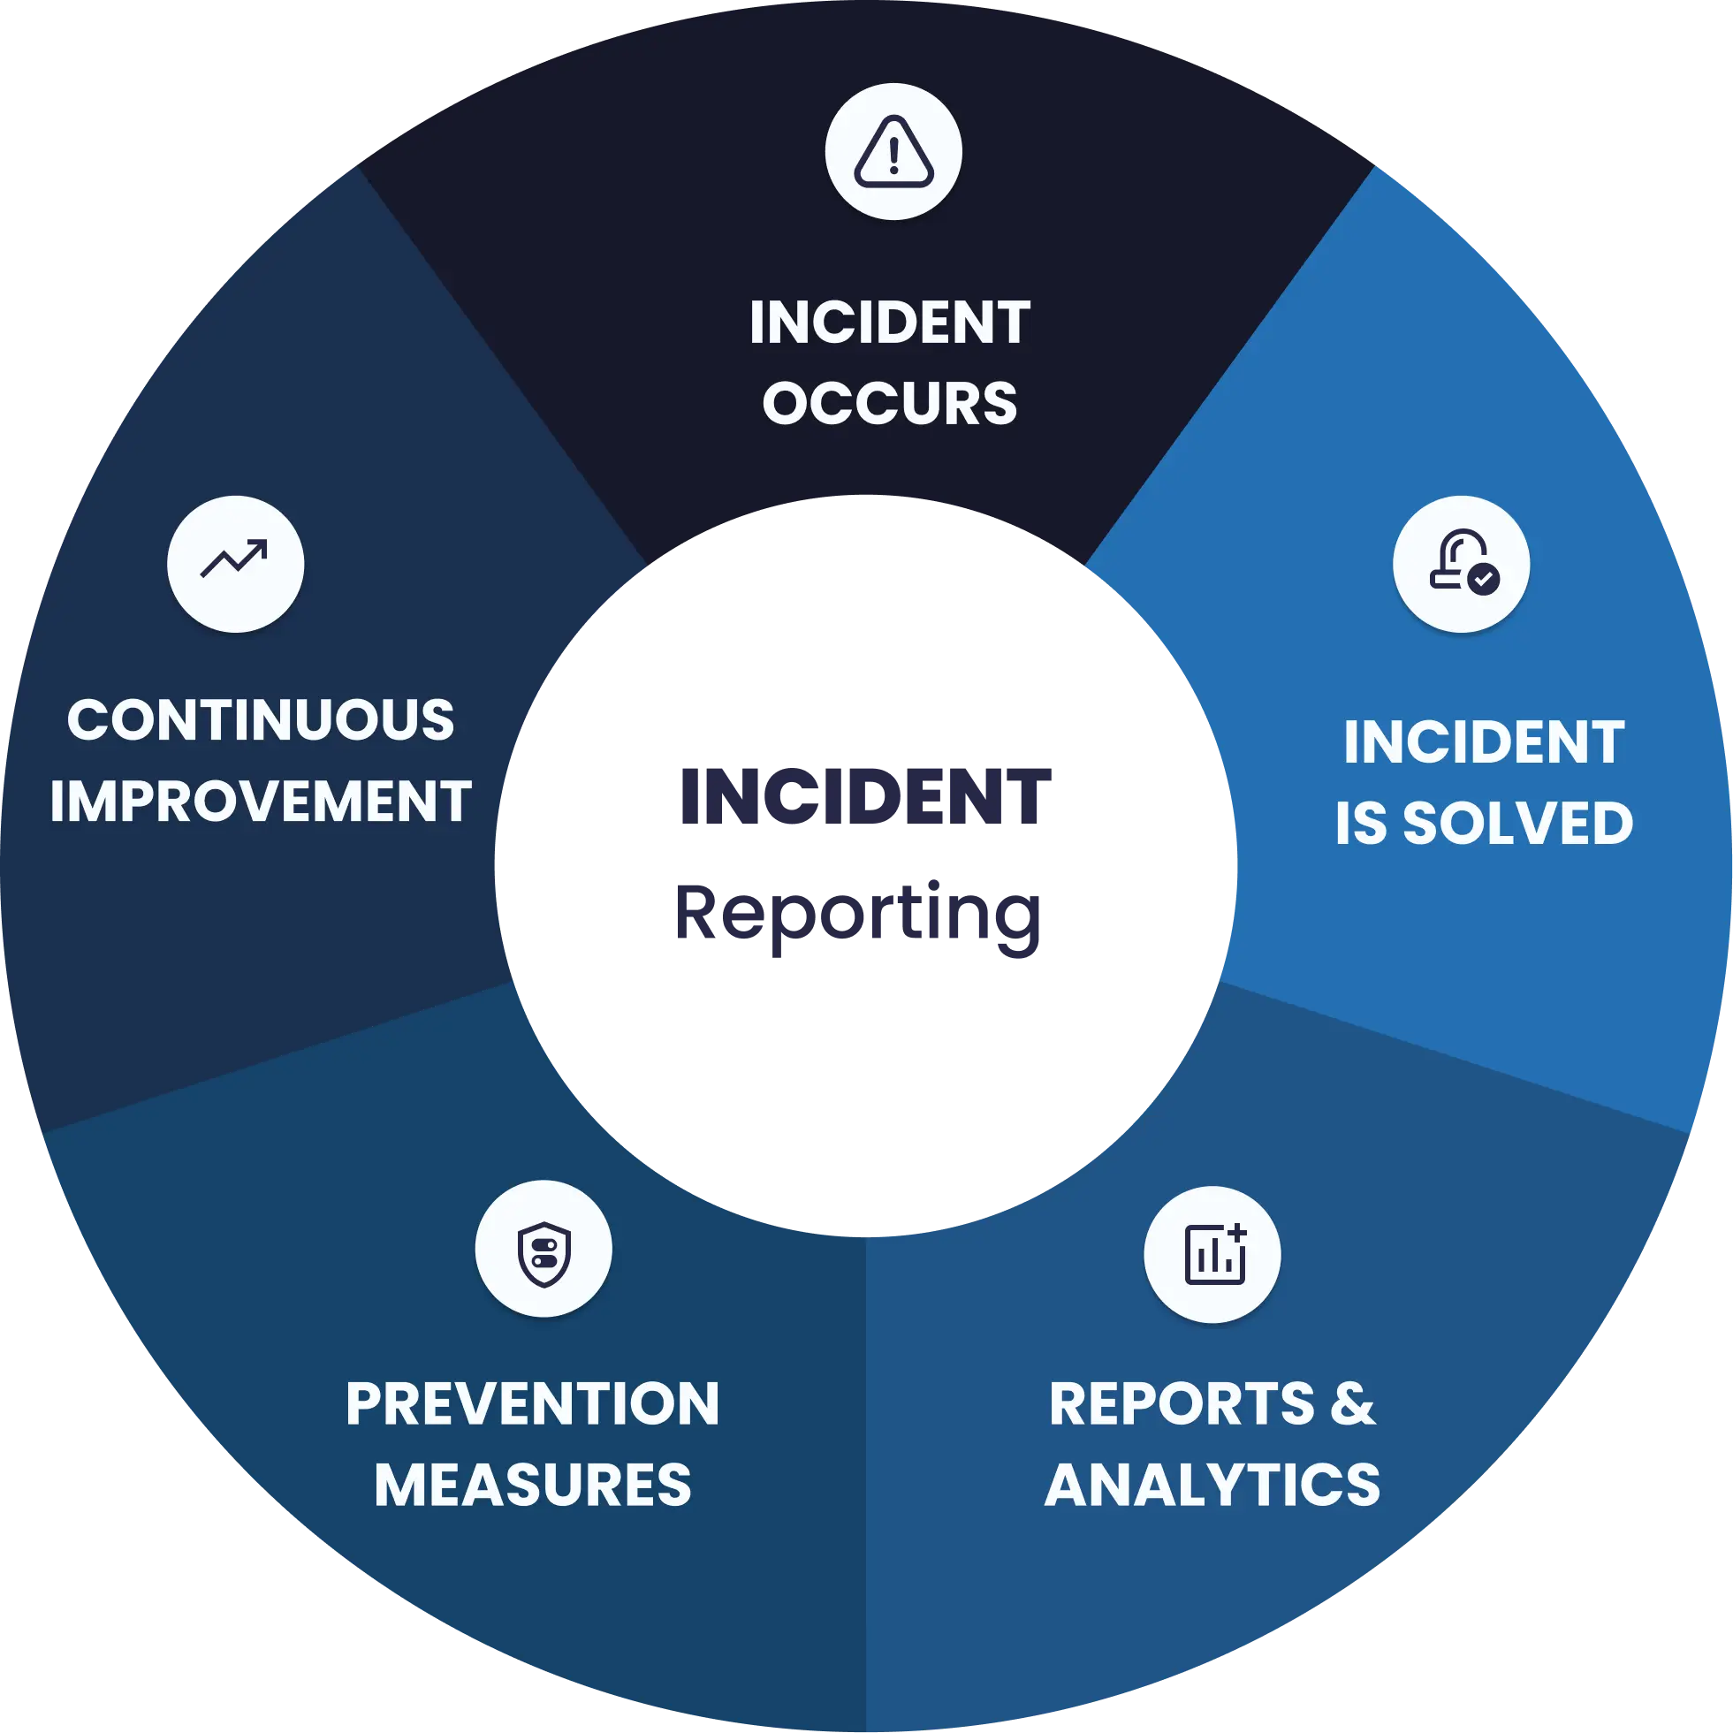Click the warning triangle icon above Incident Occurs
pyautogui.click(x=893, y=152)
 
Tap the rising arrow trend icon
pyautogui.click(x=235, y=560)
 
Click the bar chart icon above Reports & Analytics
pyautogui.click(x=1213, y=1254)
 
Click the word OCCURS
pyautogui.click(x=890, y=404)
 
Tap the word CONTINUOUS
pyautogui.click(x=261, y=719)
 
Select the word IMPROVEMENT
pyautogui.click(x=261, y=800)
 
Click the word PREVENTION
pyautogui.click(x=533, y=1403)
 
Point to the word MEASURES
pyautogui.click(x=533, y=1485)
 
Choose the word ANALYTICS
pyautogui.click(x=1212, y=1485)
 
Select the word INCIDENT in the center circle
pyautogui.click(x=863, y=796)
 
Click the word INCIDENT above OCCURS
pyautogui.click(x=890, y=323)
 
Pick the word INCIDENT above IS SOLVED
pyautogui.click(x=1485, y=742)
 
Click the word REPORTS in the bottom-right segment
pyautogui.click(x=1182, y=1403)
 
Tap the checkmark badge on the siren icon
pyautogui.click(x=1484, y=579)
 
